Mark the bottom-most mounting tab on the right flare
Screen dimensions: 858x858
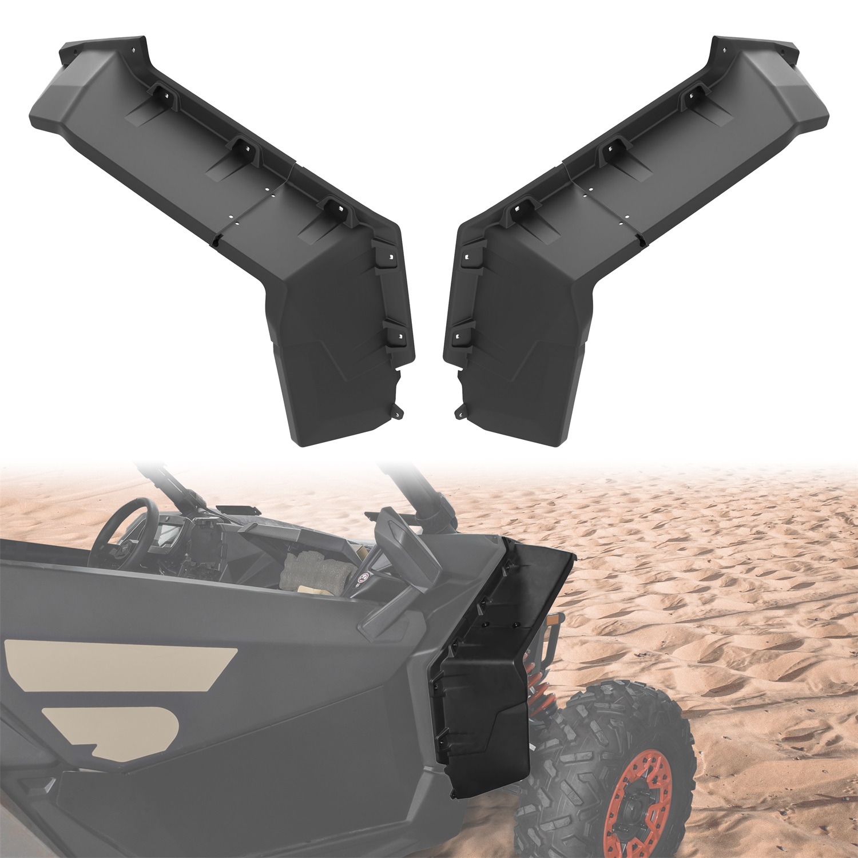[x=460, y=411]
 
